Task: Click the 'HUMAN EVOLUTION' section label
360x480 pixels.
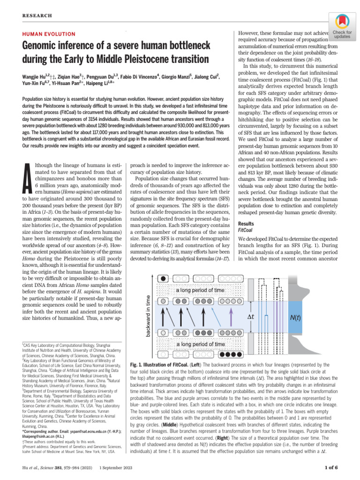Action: (49, 34)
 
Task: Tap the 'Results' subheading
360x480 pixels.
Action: (246, 224)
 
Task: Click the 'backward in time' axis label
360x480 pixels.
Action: (149, 315)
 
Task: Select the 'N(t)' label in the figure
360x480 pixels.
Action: (296, 317)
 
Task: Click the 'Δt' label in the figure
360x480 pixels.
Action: (251, 317)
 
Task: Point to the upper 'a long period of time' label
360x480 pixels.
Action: (201, 291)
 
